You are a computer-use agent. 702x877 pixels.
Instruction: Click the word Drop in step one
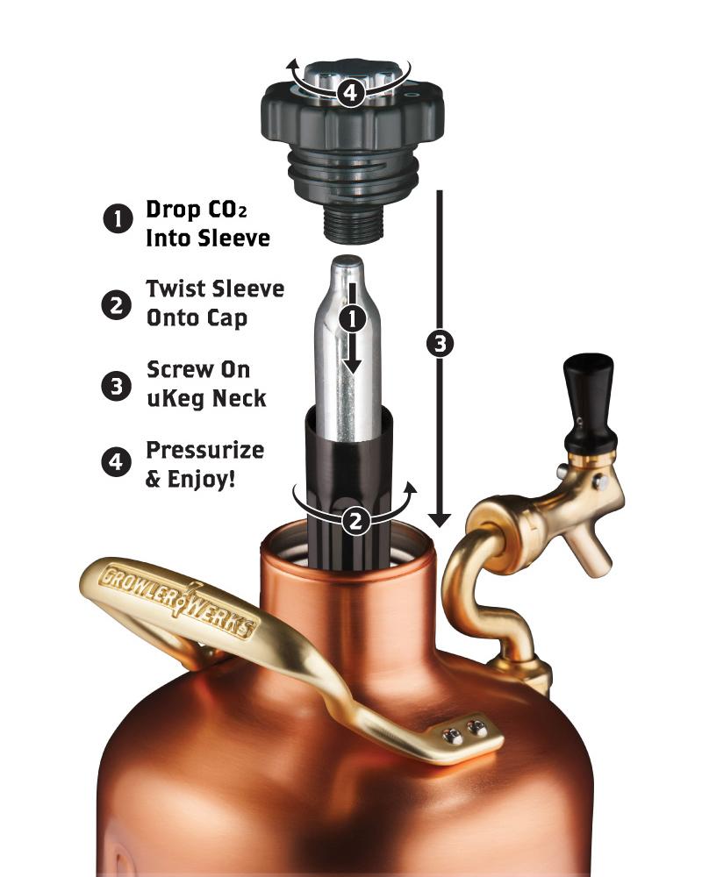pyautogui.click(x=175, y=211)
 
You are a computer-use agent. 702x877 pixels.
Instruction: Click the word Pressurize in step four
pyautogui.click(x=204, y=451)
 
